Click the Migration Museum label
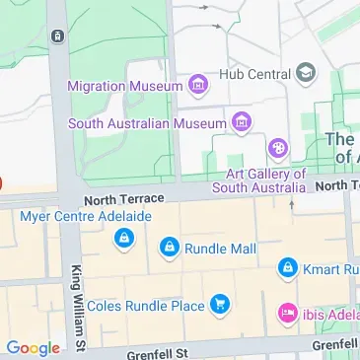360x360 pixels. [124, 86]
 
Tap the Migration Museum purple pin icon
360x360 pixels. [199, 86]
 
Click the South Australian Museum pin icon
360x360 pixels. [241, 122]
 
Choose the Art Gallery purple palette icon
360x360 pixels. [279, 149]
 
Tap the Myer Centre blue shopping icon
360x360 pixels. [123, 238]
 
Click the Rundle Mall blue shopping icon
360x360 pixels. [170, 248]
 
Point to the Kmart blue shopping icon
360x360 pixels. [287, 267]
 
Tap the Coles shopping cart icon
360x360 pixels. [221, 306]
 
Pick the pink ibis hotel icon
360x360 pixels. [287, 313]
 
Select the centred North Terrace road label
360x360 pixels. [121, 199]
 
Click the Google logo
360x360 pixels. [33, 347]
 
